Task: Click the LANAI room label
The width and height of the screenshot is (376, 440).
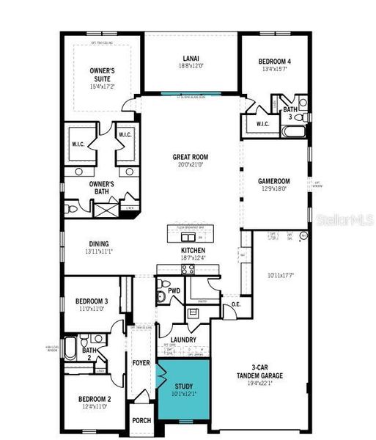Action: click(x=191, y=58)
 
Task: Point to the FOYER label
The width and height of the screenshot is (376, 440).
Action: click(x=141, y=362)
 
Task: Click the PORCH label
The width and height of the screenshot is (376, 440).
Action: click(x=141, y=421)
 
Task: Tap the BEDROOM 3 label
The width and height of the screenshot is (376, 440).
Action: click(x=92, y=301)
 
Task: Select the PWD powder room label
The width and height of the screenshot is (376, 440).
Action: click(x=174, y=291)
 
